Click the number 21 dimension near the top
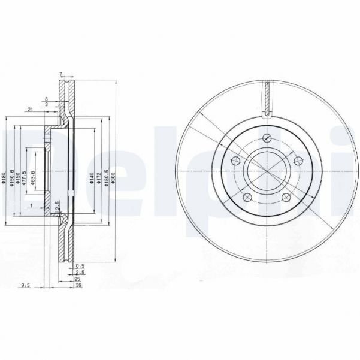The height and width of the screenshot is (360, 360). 29,108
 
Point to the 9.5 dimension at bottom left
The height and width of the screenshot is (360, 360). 24,286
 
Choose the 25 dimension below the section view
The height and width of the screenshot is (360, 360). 78,280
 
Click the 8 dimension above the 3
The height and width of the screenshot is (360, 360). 46,98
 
